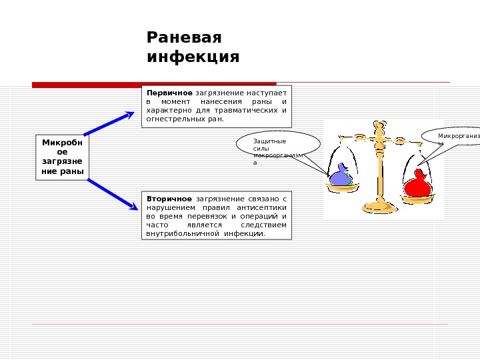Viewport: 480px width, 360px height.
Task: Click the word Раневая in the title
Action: click(x=183, y=37)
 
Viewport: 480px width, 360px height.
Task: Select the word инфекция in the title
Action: click(x=193, y=57)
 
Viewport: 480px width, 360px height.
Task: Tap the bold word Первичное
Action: click(x=169, y=92)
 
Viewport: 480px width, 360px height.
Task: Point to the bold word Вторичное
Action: click(x=169, y=199)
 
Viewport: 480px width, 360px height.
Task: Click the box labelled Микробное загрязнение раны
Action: click(x=63, y=157)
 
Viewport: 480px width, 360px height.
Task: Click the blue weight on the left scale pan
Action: click(x=340, y=177)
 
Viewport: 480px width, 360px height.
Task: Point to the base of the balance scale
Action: click(x=380, y=205)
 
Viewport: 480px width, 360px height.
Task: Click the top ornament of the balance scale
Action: click(x=380, y=126)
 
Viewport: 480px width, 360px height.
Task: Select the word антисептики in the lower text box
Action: click(x=263, y=207)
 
